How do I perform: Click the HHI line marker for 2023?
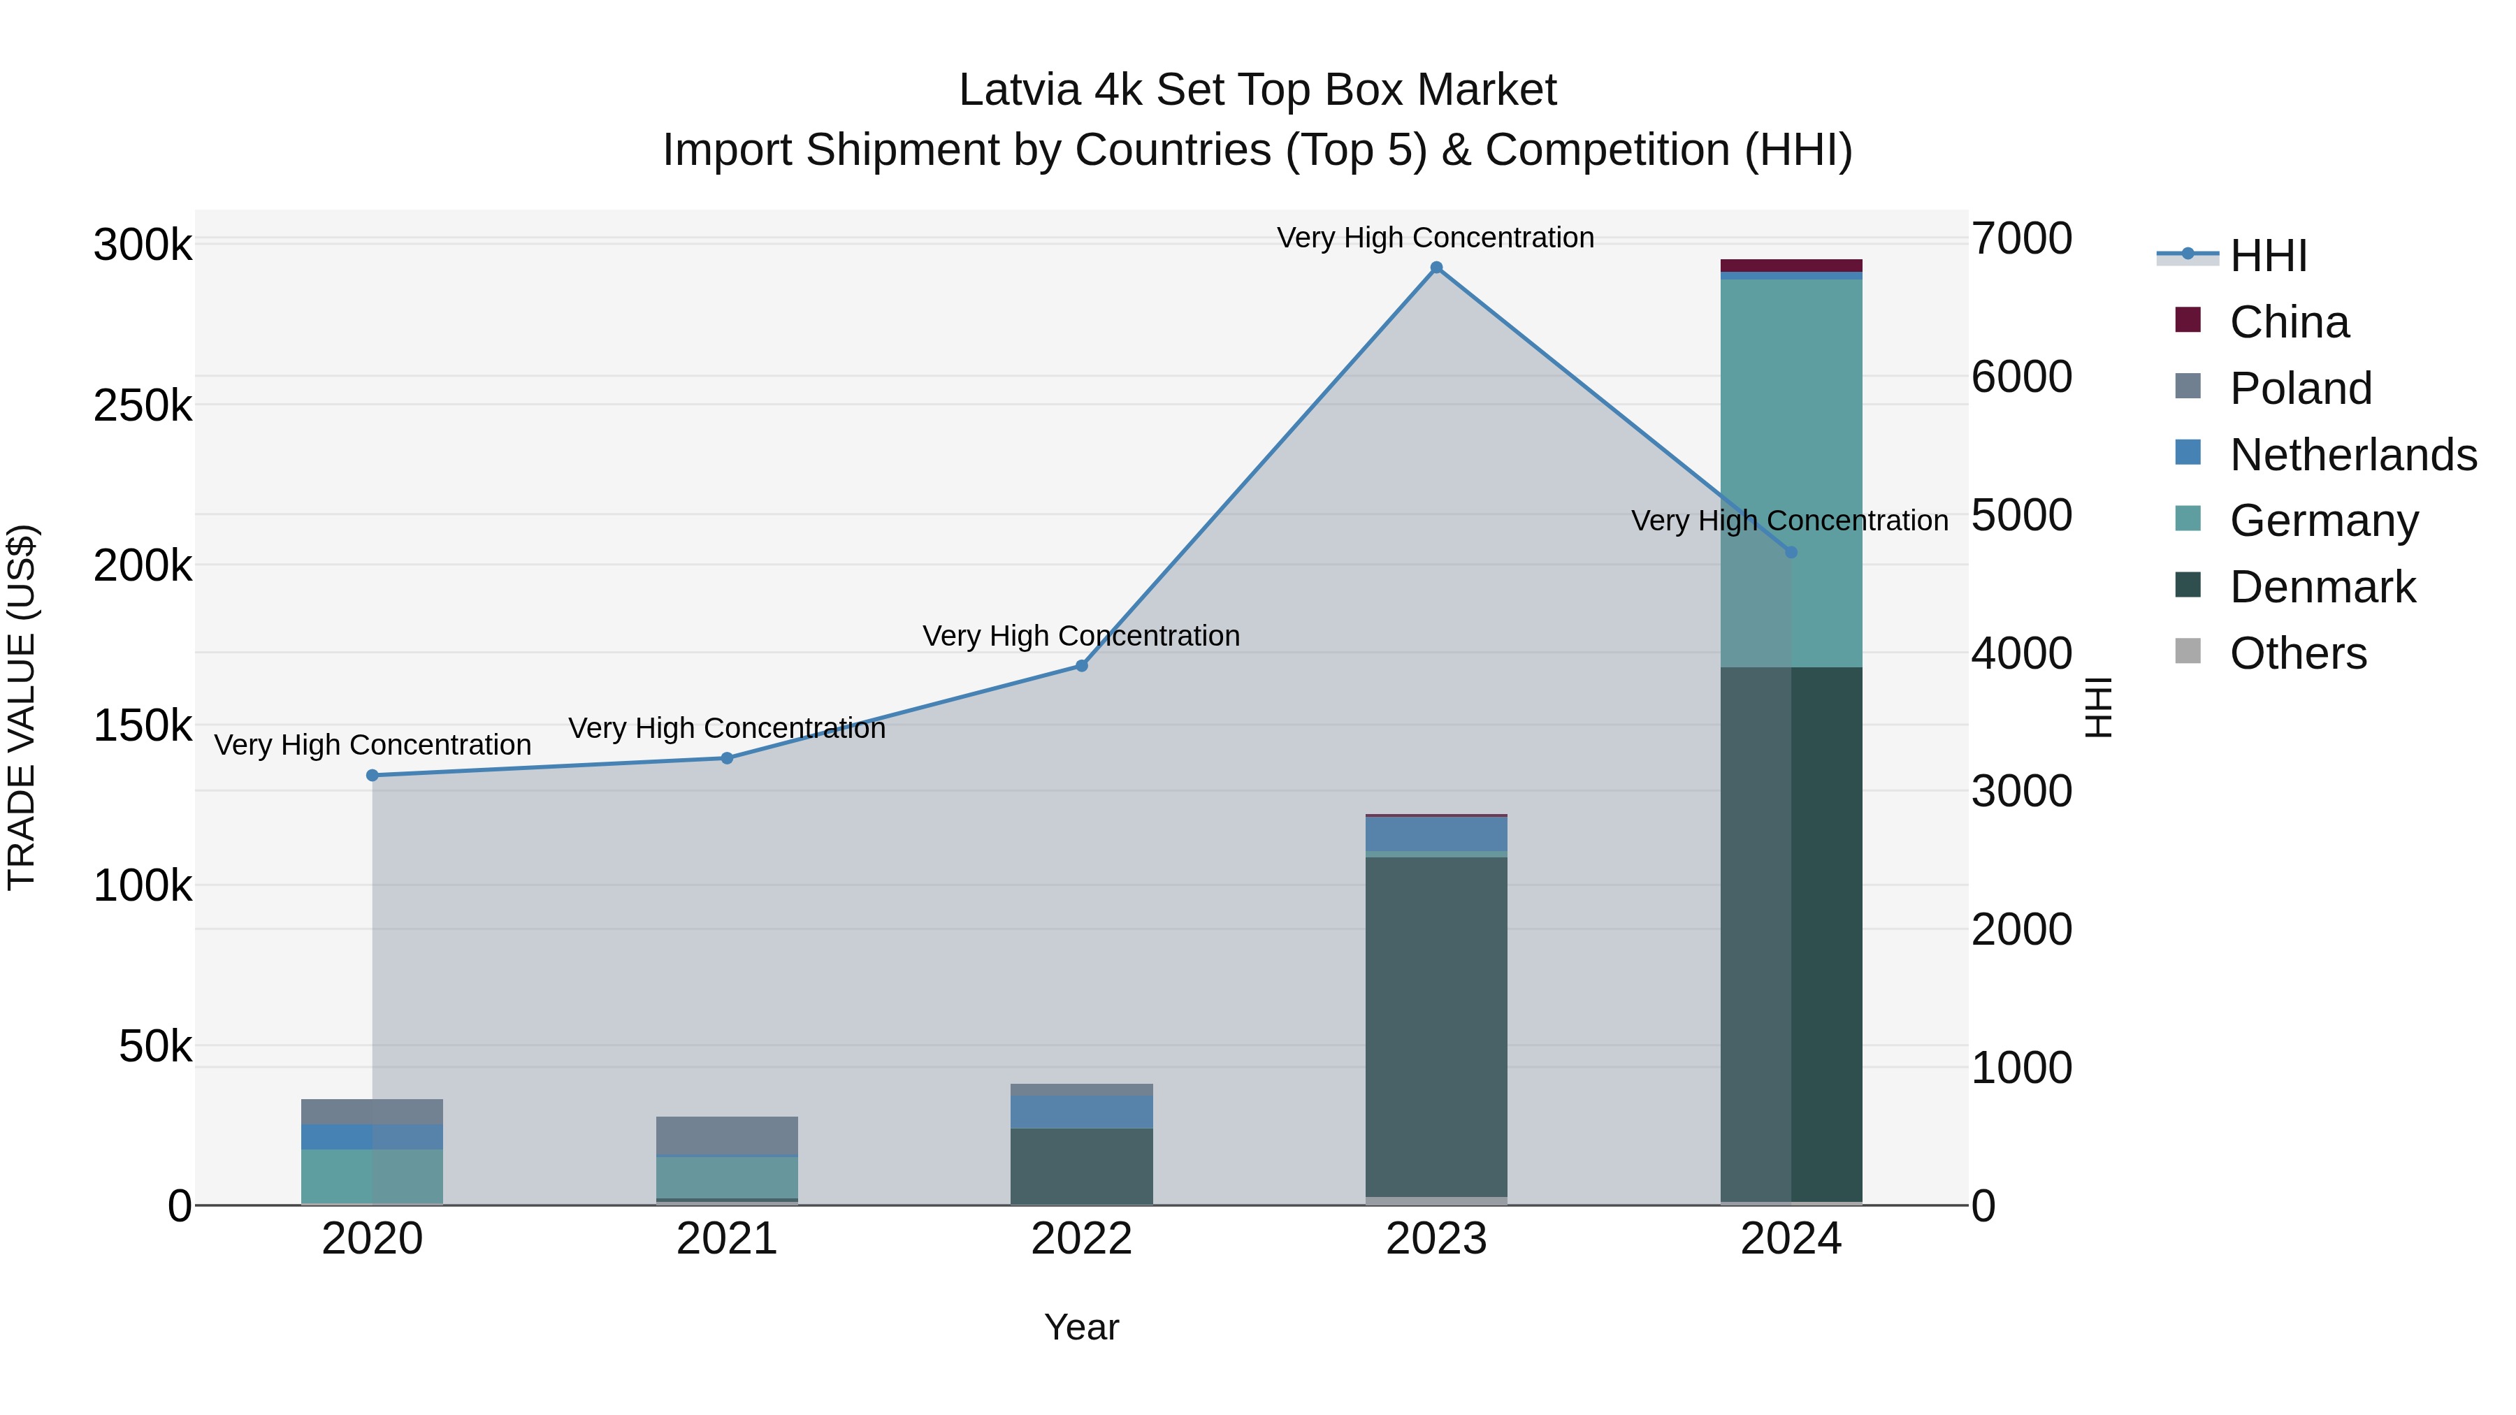pos(1436,268)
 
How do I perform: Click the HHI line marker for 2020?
pos(372,776)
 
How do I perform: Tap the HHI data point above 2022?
pos(1081,666)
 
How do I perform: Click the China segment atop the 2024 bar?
pos(1791,266)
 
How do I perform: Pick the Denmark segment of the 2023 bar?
pos(1436,1025)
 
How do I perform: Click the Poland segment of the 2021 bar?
pos(727,1135)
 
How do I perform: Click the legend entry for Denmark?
pos(2322,587)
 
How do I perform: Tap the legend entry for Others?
pos(2297,653)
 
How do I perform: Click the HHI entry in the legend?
pos(2268,256)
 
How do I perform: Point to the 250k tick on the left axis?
pos(143,405)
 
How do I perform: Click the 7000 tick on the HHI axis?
pos(2020,238)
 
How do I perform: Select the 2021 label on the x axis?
pos(727,1239)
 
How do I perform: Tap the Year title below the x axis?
pos(1081,1327)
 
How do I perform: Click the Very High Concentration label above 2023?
pos(1435,238)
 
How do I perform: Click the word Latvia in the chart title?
pos(1020,90)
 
